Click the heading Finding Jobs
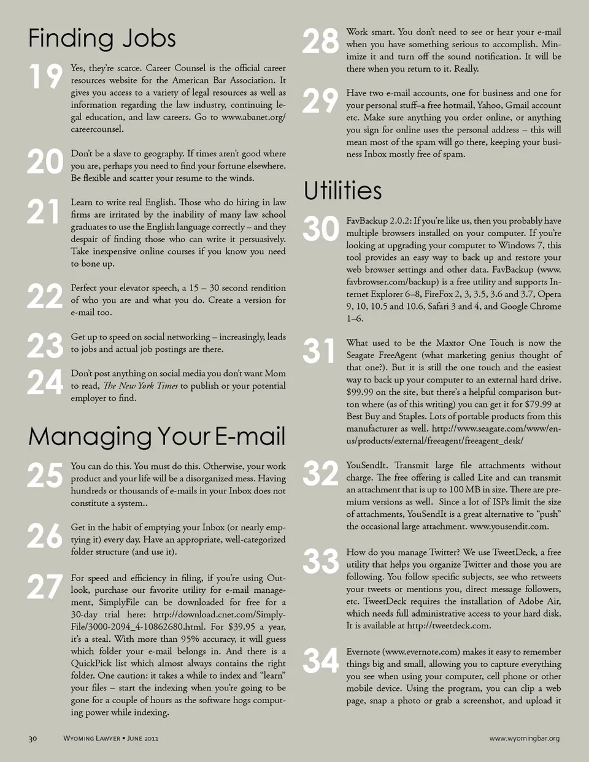click(x=102, y=39)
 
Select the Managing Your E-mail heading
click(x=156, y=436)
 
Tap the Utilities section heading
click(x=343, y=191)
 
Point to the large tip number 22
click(x=45, y=297)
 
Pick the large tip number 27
click(x=45, y=587)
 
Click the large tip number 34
click(x=321, y=661)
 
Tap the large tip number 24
click(x=45, y=383)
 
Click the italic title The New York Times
click(x=141, y=386)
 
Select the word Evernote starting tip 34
click(x=363, y=652)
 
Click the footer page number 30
click(x=33, y=738)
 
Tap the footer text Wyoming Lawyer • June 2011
click(x=111, y=738)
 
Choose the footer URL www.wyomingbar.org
click(x=524, y=738)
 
